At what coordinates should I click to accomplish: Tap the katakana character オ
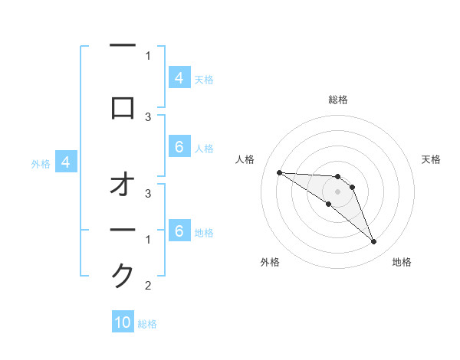tap(123, 185)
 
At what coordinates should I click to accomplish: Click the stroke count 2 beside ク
tap(148, 286)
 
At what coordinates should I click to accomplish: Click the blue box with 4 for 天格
tap(179, 78)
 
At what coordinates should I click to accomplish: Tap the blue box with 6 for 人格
tap(179, 147)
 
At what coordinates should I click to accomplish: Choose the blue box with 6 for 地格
tap(179, 231)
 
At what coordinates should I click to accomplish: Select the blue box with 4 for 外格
tap(66, 162)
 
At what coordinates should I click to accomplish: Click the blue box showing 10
tap(123, 322)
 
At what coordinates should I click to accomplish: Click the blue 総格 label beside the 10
tap(147, 324)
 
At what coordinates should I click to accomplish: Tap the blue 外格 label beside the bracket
tap(40, 163)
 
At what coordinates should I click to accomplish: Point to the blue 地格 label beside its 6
tap(204, 232)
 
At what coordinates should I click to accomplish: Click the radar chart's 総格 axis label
tap(337, 100)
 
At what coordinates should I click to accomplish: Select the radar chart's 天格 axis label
tap(431, 159)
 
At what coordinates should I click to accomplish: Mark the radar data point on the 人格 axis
tap(279, 172)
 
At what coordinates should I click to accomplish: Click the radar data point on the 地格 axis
tap(373, 242)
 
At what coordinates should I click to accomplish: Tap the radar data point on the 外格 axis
tap(328, 204)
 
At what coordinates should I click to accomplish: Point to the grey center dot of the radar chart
tap(337, 191)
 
